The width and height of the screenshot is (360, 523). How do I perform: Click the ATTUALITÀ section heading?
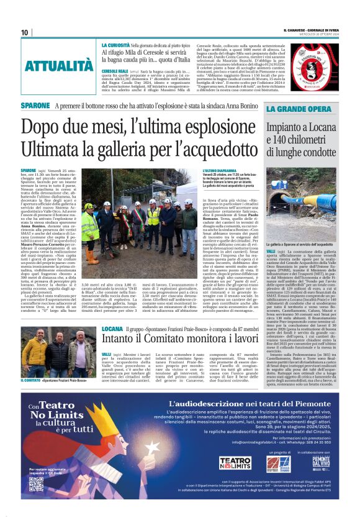click(x=60, y=65)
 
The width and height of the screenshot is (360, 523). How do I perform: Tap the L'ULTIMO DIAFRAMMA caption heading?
click(x=218, y=170)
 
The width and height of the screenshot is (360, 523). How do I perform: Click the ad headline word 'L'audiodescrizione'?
click(x=199, y=404)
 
